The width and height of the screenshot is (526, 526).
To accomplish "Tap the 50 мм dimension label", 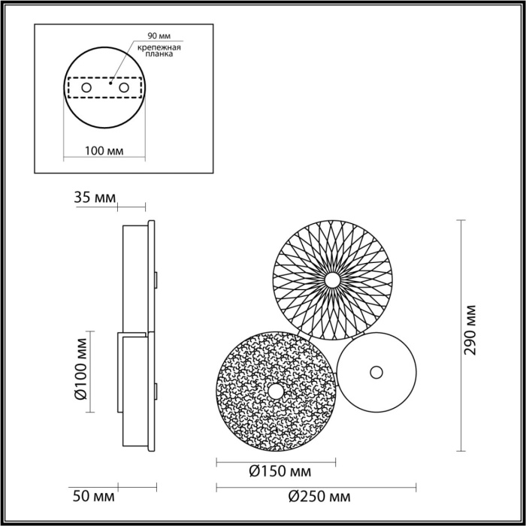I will tap(95, 497).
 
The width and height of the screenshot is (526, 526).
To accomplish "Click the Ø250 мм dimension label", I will tap(319, 497).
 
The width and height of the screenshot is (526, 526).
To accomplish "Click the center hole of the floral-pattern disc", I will tap(331, 280).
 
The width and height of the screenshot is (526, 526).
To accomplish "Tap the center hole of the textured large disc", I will tap(276, 391).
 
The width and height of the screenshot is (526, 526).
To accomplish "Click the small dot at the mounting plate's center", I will tap(110, 84).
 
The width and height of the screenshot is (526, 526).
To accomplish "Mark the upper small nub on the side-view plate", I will tap(156, 279).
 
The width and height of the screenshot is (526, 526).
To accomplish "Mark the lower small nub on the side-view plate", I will tap(156, 389).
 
